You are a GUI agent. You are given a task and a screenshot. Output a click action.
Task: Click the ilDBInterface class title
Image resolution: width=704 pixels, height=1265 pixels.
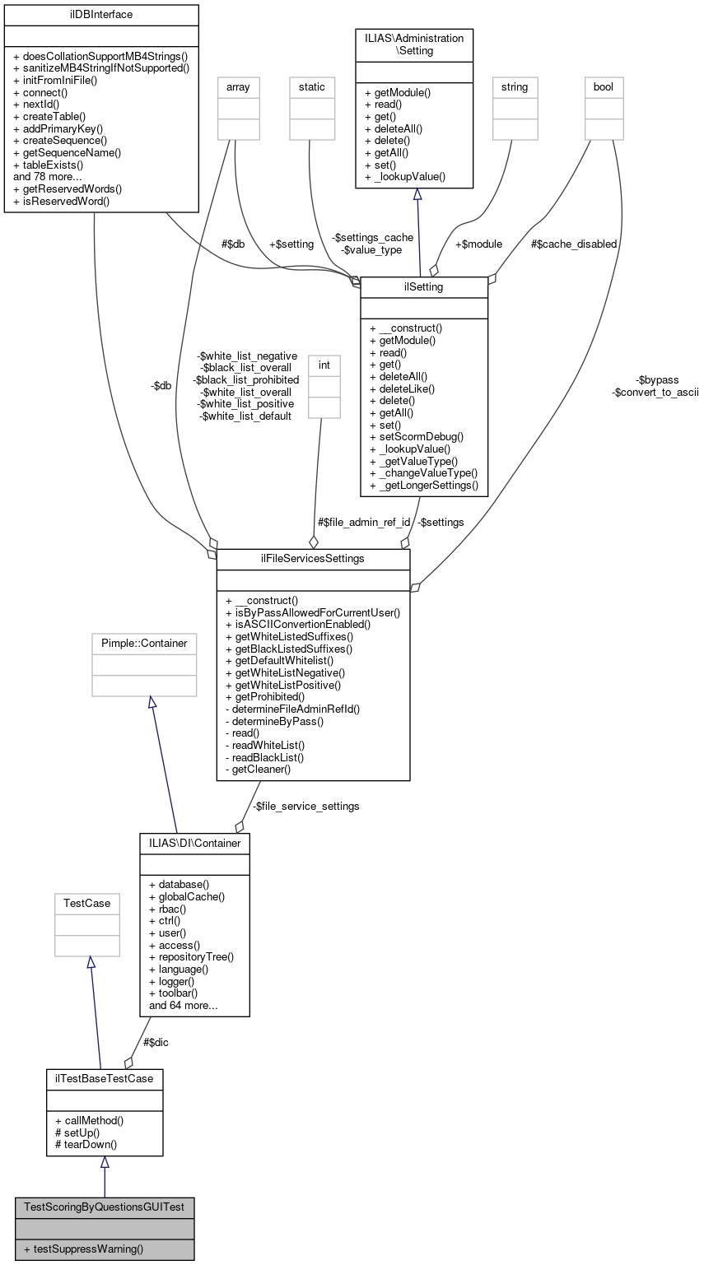101,15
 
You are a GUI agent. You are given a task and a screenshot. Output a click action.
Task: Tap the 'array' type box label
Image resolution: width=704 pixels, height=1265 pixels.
238,86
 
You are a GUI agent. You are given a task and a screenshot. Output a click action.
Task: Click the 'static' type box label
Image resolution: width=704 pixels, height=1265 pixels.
312,86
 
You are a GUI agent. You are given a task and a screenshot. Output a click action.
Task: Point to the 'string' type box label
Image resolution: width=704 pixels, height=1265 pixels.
515,86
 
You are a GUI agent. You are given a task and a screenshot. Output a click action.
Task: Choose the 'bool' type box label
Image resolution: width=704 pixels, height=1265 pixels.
604,86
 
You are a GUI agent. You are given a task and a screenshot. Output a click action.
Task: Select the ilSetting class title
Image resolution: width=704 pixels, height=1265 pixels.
424,286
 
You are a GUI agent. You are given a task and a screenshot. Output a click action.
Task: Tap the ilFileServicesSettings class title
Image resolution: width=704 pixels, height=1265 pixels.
313,559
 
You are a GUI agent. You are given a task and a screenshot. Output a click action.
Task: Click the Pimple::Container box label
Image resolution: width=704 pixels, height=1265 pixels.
144,643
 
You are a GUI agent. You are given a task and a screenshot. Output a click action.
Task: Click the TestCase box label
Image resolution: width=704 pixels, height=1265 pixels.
87,903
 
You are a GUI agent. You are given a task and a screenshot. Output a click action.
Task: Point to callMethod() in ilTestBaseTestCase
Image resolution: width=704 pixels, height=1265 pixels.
89,1120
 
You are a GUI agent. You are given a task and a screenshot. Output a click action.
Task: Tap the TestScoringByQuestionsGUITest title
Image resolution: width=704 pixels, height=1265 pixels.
105,1207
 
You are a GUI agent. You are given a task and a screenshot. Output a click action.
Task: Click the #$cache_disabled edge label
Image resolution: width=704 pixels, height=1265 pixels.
574,244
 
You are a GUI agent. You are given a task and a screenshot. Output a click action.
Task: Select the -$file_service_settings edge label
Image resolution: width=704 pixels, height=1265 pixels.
305,806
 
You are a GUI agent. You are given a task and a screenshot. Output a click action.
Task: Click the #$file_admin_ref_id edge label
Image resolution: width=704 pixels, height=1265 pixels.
364,522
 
